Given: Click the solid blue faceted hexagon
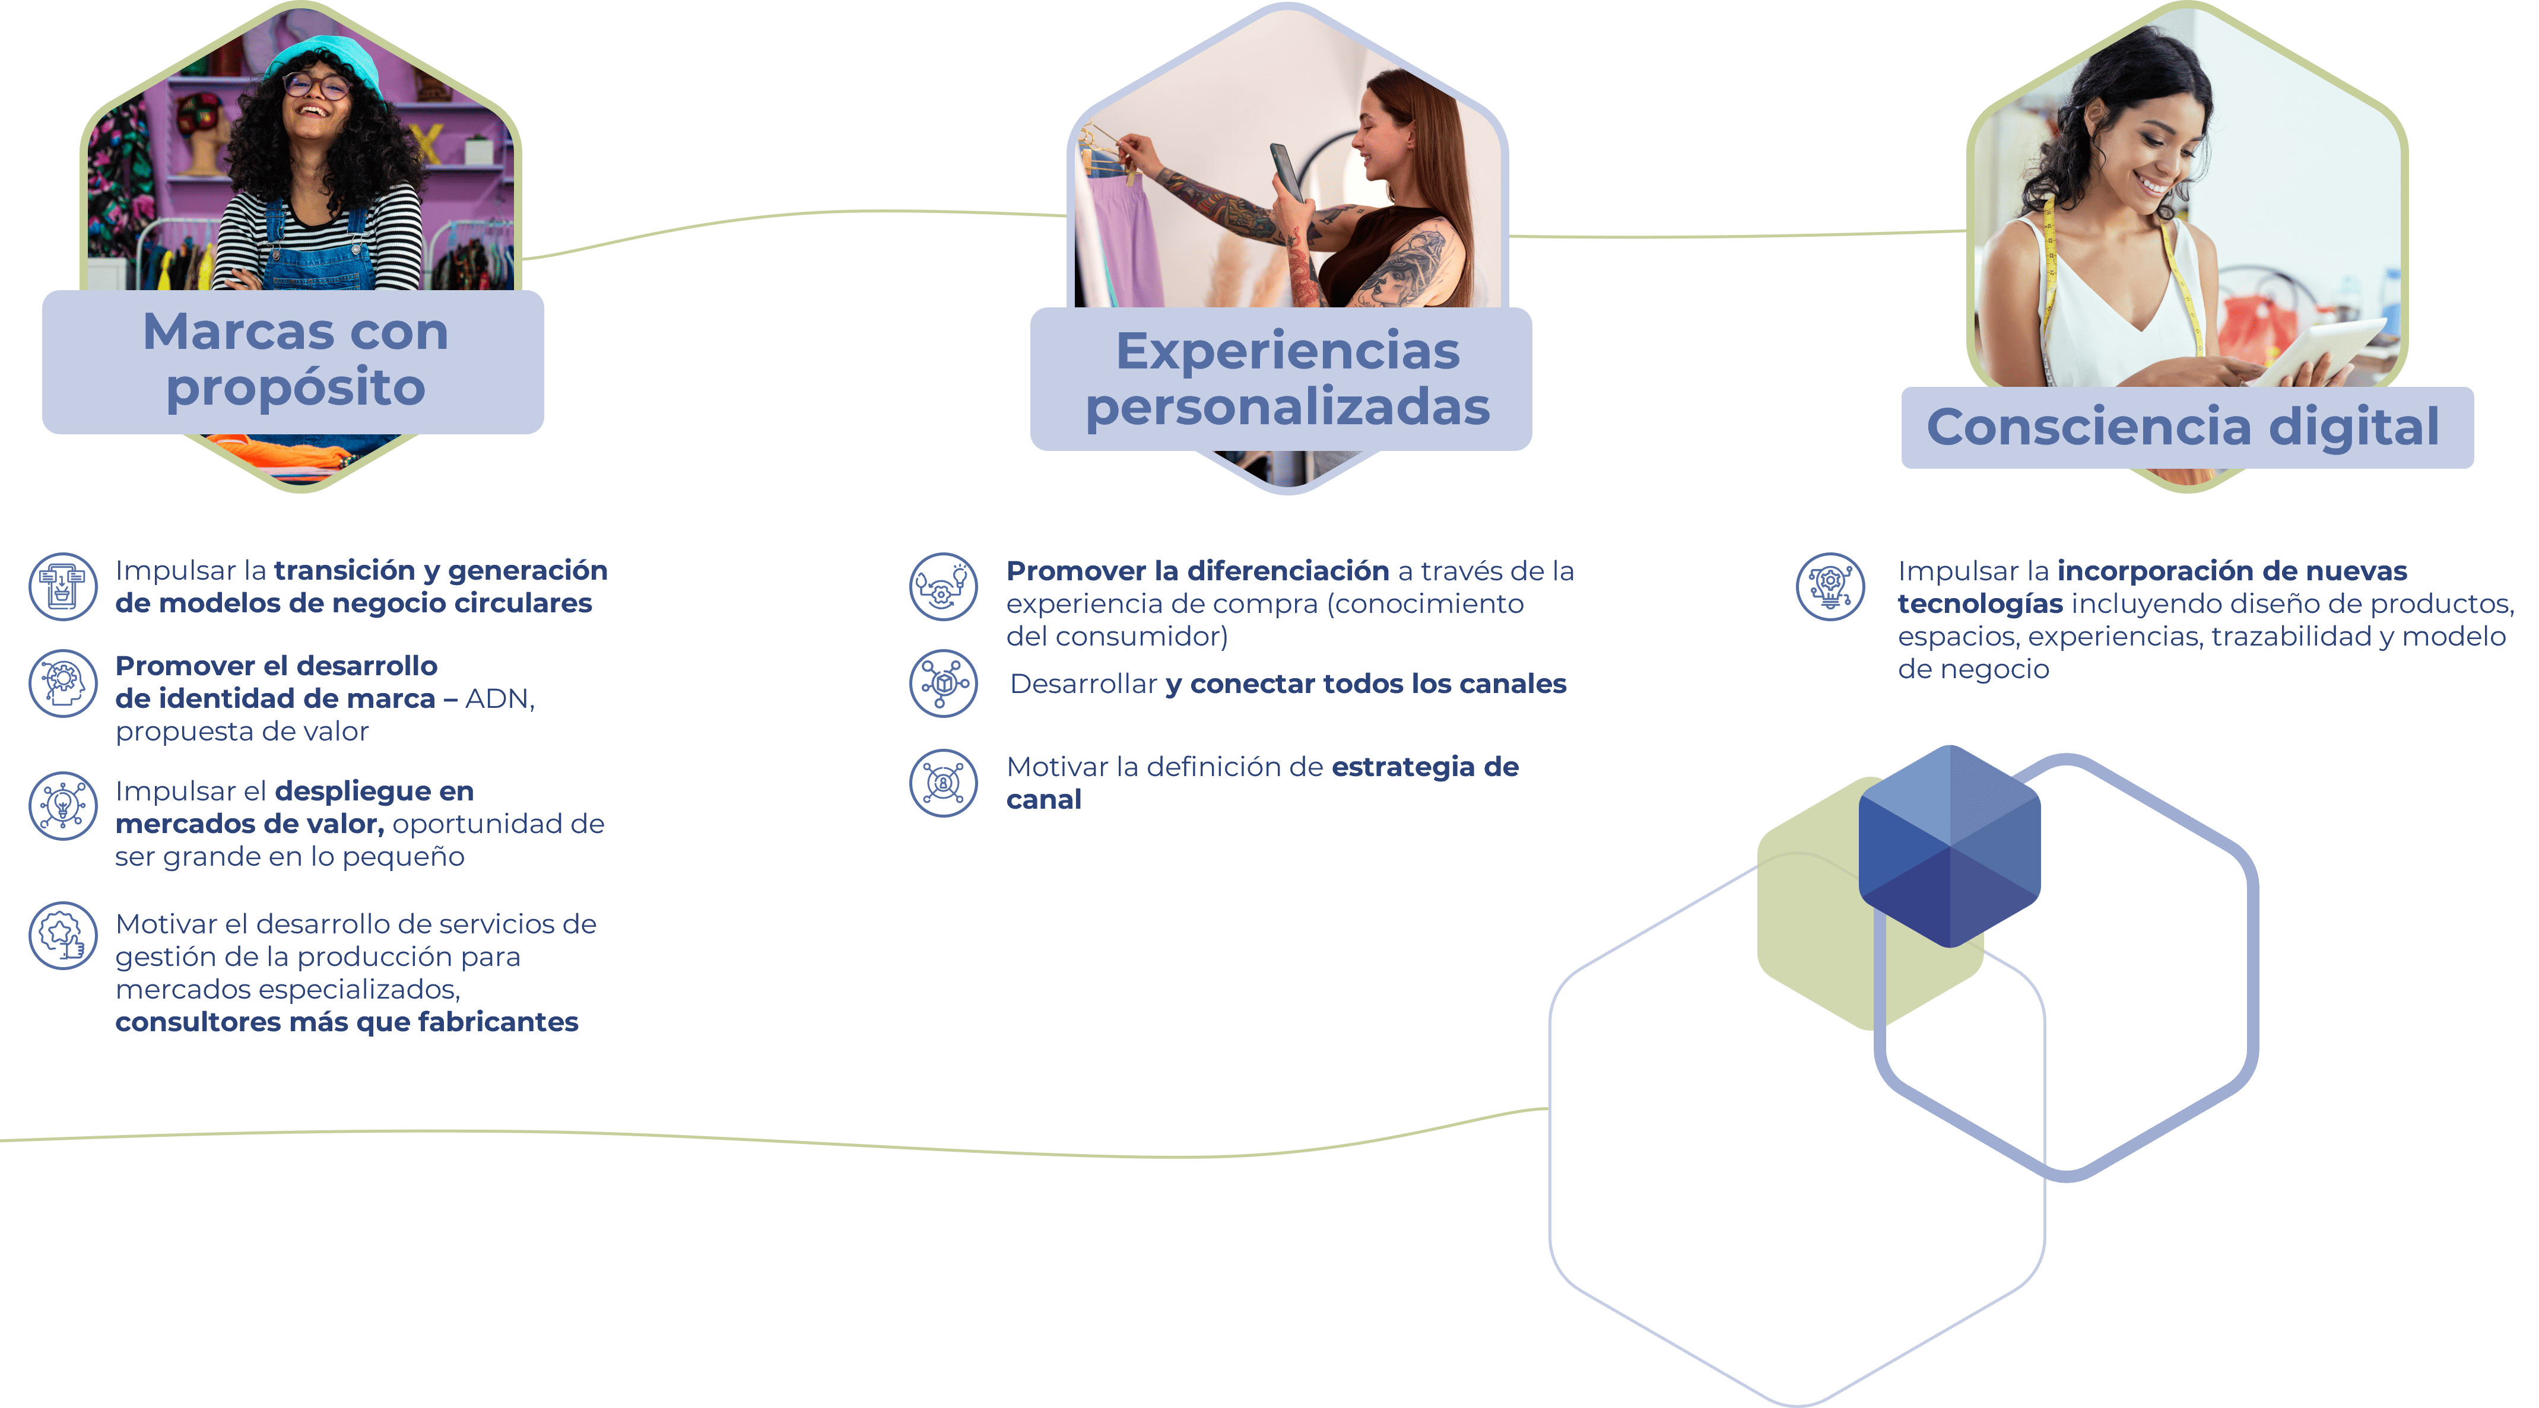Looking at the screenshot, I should click(x=1948, y=846).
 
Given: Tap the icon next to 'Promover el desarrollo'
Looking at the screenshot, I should click(x=63, y=683).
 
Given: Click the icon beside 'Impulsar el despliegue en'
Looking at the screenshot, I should click(x=63, y=806).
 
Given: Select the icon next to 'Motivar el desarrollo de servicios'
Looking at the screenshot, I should click(x=63, y=936).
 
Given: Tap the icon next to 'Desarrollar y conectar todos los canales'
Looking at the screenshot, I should click(x=943, y=683).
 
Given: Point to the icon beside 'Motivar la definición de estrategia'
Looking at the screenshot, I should click(x=943, y=783).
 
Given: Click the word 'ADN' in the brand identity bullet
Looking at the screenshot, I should click(x=499, y=698).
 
